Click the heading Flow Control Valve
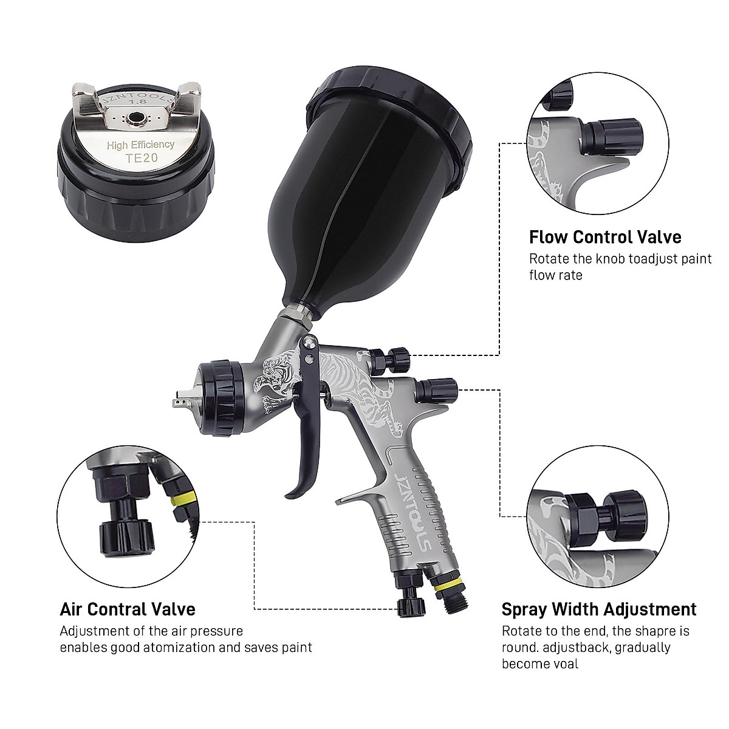[x=605, y=236]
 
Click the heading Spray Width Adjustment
[x=599, y=609]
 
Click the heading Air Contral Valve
[x=128, y=609]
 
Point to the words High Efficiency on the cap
[x=140, y=145]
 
